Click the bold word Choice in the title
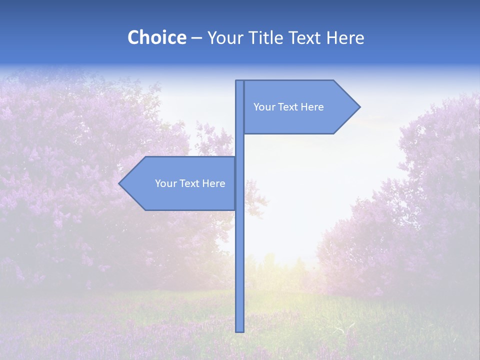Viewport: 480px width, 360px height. pos(156,37)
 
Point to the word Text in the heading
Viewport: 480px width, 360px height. pos(307,37)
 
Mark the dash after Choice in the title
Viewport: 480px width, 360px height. pos(196,38)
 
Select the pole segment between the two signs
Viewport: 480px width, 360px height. pos(239,145)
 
